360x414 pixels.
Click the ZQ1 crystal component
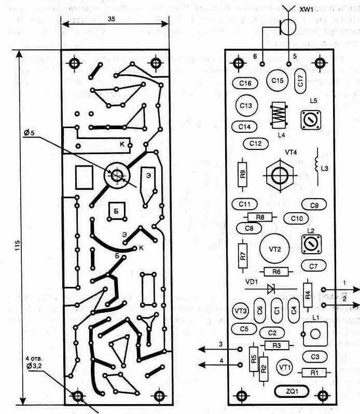(x=284, y=390)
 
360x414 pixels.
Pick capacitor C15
(x=277, y=81)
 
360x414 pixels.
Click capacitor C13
(x=246, y=105)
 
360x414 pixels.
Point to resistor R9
(x=243, y=173)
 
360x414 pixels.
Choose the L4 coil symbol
(x=280, y=114)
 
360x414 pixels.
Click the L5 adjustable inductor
(x=312, y=120)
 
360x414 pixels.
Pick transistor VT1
(x=284, y=367)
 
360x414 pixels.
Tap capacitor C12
(x=255, y=143)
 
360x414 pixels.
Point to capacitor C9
(x=313, y=205)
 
